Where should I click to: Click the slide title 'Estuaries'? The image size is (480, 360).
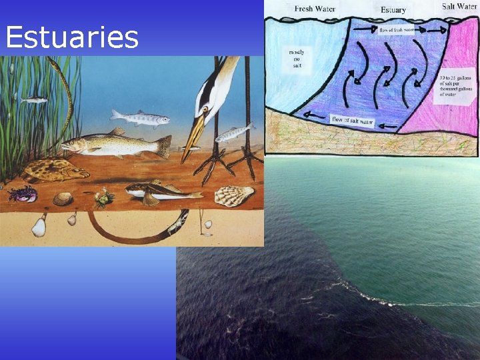tap(72, 38)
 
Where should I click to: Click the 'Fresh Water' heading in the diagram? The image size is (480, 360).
tap(315, 9)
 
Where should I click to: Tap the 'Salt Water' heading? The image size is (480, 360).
tap(459, 7)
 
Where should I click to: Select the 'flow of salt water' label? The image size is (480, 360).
tap(353, 121)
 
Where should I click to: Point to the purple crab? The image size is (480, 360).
tap(22, 193)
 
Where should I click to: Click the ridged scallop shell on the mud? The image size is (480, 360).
tap(234, 195)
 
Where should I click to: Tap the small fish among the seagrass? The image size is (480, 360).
tap(35, 100)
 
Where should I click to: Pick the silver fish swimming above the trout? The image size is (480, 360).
tap(140, 119)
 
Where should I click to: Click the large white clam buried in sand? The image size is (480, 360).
tap(39, 227)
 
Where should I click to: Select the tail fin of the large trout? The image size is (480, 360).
tap(163, 146)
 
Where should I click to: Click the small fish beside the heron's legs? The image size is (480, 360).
tap(235, 133)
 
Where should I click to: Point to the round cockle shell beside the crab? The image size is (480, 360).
tap(62, 198)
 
